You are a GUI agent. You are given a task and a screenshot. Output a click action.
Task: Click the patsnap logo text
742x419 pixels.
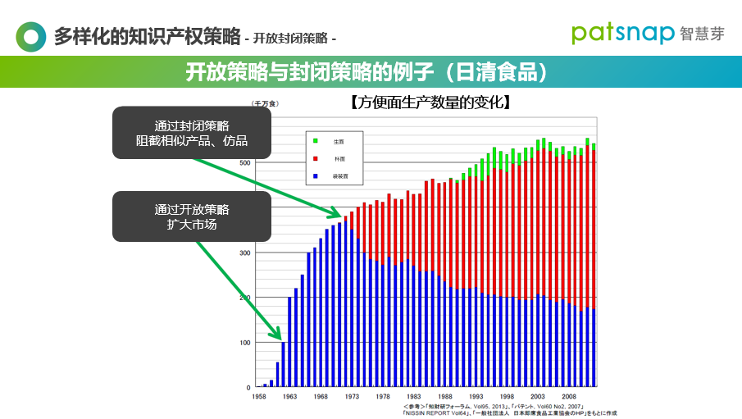tap(622, 34)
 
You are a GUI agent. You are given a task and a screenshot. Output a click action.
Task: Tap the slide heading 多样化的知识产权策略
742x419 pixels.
tap(147, 37)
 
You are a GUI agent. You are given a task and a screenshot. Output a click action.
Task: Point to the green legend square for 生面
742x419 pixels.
tap(316, 142)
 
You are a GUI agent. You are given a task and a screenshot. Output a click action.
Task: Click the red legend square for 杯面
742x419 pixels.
tap(316, 159)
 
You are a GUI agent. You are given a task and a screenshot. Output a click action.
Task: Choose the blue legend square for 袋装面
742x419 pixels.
tap(316, 175)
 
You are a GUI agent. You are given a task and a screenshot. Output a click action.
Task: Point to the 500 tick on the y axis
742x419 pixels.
tap(245, 163)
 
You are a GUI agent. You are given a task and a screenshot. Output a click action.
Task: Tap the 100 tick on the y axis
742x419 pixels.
tap(245, 342)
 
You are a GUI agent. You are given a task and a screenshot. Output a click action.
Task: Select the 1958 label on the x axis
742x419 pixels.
tap(258, 395)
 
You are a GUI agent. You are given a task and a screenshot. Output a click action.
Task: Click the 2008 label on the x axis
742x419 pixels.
tap(569, 395)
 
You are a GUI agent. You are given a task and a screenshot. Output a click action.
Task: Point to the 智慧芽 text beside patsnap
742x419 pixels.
tap(703, 34)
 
